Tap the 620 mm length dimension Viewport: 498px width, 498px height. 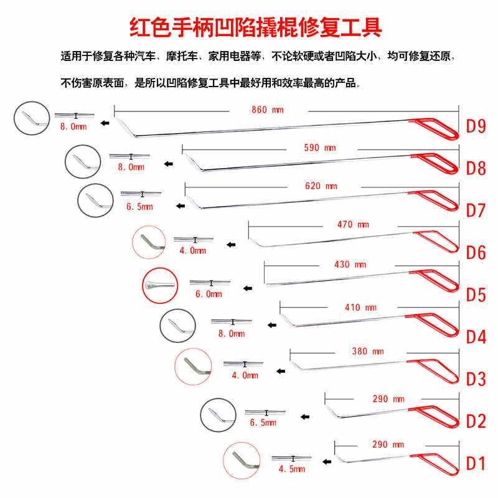tap(322, 186)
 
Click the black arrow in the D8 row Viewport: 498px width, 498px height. tap(167, 164)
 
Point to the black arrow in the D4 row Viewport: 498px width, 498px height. tap(271, 324)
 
